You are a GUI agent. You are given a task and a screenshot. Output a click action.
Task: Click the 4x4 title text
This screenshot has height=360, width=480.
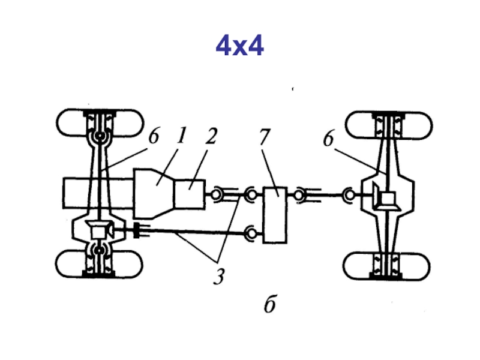tap(239, 46)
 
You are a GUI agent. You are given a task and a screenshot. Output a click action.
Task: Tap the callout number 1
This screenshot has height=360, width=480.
tap(182, 136)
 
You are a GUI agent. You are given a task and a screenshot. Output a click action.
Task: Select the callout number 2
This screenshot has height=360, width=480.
tap(211, 136)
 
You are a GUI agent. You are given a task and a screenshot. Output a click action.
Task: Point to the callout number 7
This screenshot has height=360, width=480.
tap(265, 137)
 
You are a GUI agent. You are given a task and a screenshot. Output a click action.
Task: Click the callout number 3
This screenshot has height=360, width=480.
tap(219, 277)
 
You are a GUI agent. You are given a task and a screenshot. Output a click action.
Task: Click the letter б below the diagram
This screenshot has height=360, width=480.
tap(270, 304)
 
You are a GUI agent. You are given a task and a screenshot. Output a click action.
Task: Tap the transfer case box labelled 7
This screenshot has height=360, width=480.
tap(275, 215)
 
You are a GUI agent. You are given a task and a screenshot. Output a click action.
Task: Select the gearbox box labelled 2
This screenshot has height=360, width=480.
tap(190, 194)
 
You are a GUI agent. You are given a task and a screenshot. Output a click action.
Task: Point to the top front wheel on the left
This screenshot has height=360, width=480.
tap(100, 122)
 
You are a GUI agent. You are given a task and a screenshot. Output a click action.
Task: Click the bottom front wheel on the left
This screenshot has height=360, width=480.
tap(99, 264)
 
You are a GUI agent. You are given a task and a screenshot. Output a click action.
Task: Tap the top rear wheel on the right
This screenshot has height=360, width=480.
tap(389, 125)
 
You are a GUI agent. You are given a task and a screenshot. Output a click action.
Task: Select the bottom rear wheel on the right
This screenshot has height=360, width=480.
tap(386, 266)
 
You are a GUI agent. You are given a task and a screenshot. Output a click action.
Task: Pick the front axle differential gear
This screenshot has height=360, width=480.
tap(100, 230)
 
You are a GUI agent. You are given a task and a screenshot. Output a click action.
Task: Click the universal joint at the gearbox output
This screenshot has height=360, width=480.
tap(217, 194)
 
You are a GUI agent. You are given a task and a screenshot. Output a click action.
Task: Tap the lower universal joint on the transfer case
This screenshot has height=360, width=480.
tap(251, 234)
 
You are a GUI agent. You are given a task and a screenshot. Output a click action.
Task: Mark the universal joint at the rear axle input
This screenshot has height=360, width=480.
tap(349, 194)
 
